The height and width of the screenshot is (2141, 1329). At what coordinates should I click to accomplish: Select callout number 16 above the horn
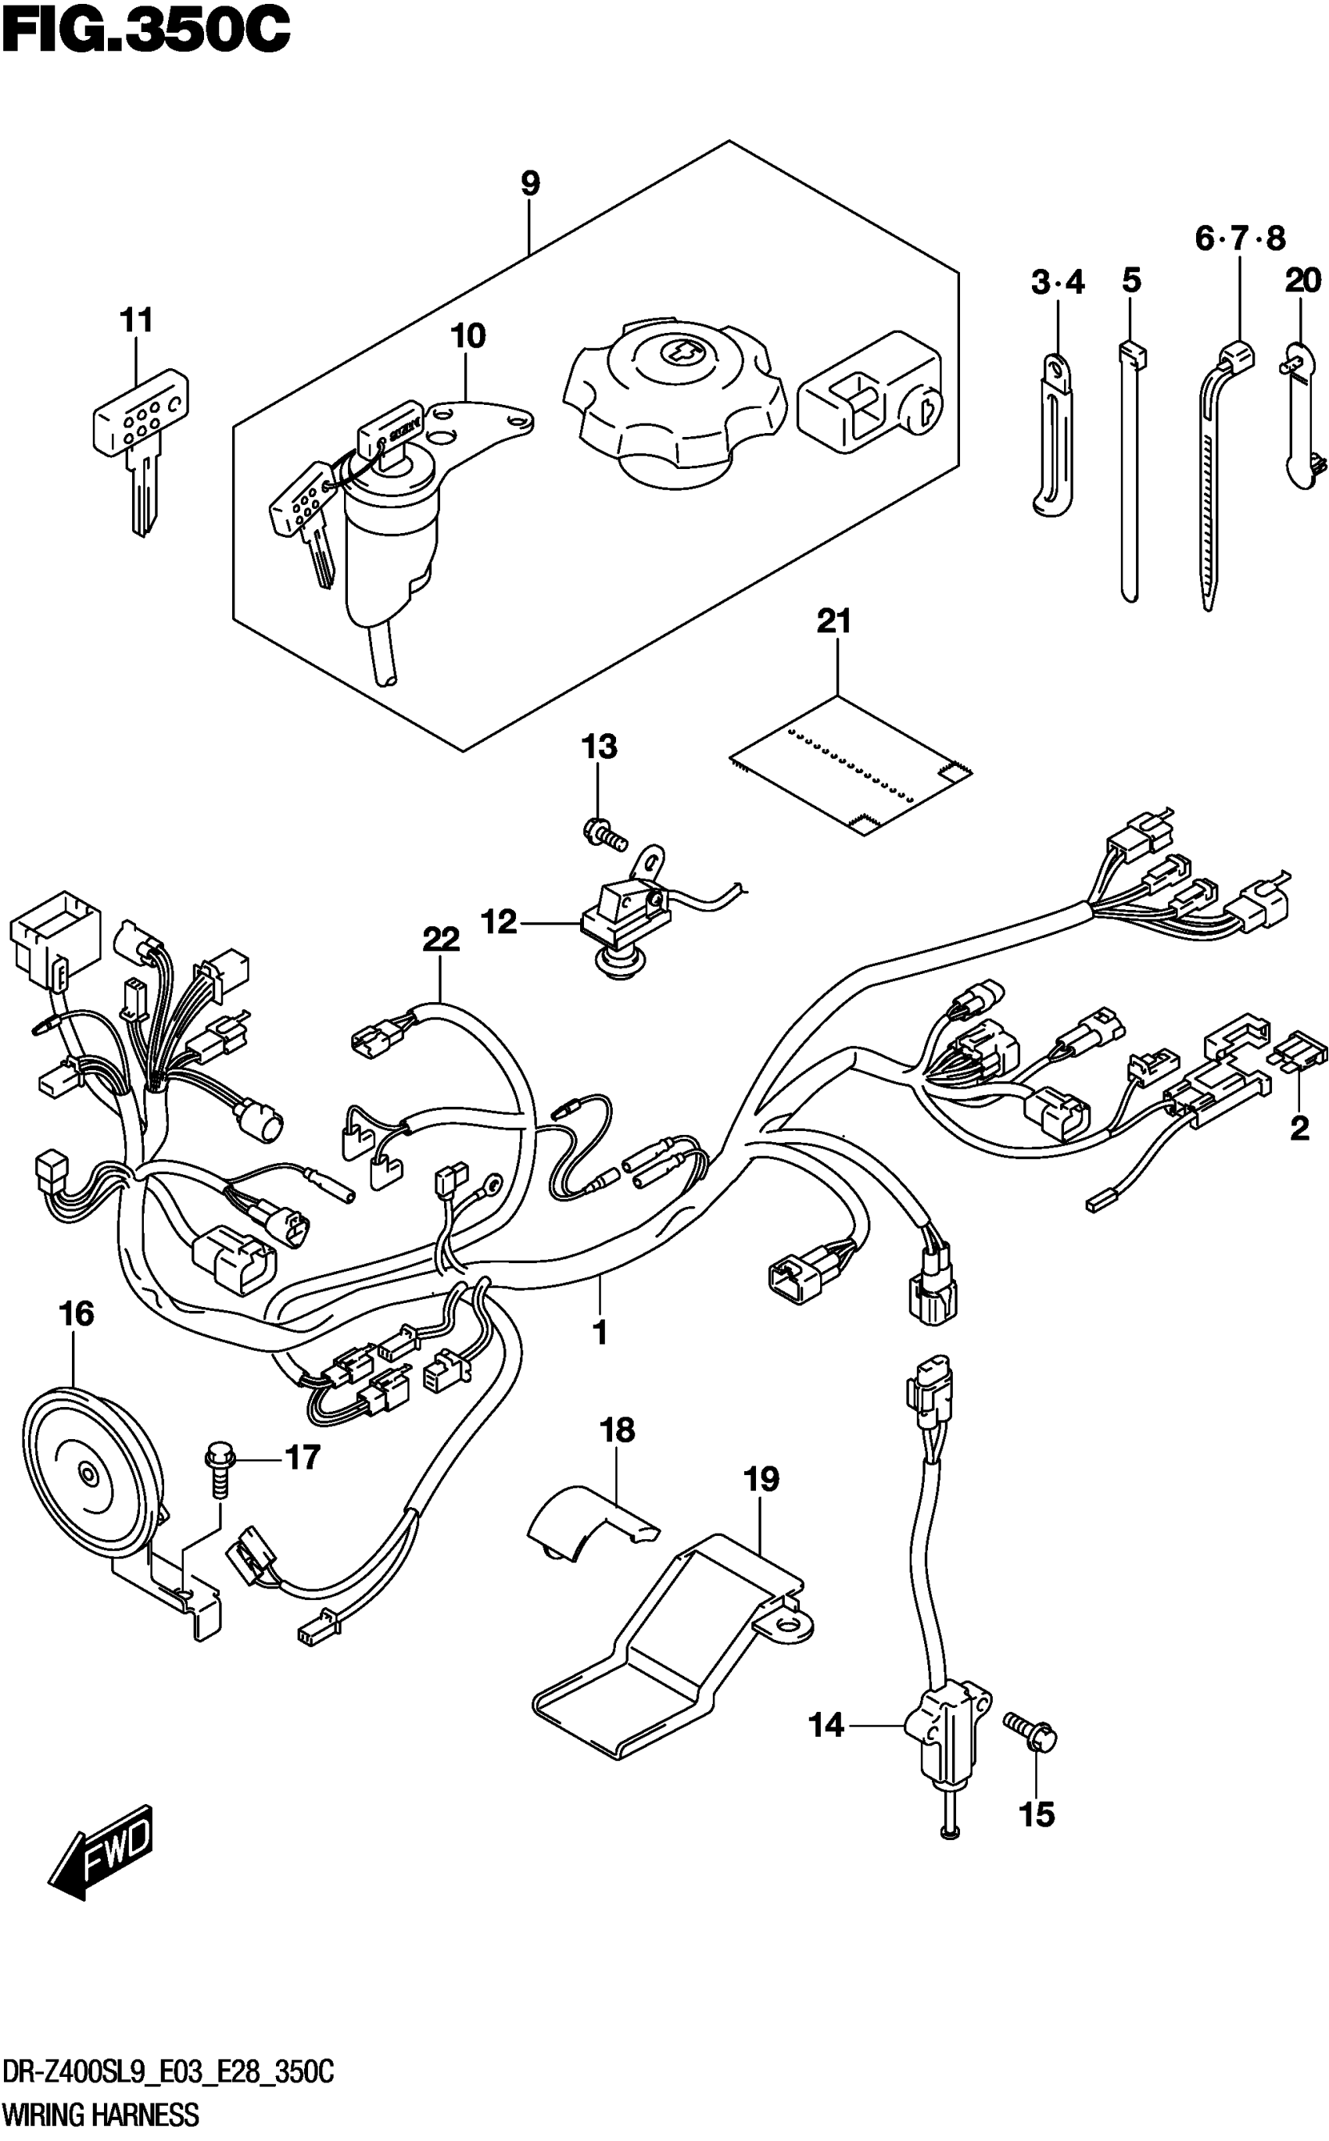[x=77, y=1314]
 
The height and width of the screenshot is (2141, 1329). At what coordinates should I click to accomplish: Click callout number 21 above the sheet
[x=834, y=622]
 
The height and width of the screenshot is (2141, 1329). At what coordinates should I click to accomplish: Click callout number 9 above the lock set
[x=530, y=184]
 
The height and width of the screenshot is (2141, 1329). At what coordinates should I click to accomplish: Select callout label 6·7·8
[x=1239, y=238]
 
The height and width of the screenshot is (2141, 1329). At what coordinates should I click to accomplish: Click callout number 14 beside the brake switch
[x=826, y=1726]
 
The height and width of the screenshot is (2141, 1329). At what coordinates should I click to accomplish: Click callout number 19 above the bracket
[x=761, y=1479]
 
